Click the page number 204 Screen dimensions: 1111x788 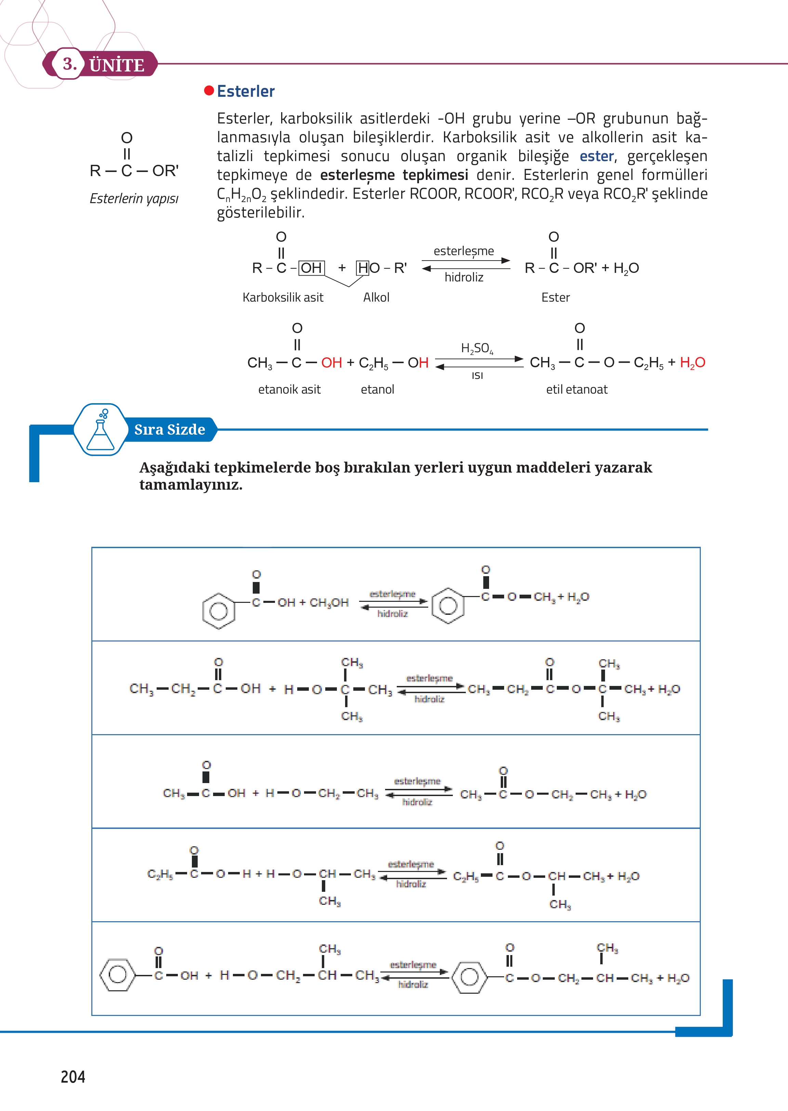(x=73, y=1076)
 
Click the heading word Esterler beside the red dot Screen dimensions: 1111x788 (x=246, y=91)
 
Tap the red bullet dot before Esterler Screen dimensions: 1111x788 (x=209, y=91)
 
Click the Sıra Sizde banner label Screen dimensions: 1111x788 (x=169, y=429)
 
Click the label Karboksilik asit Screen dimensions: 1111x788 (x=283, y=297)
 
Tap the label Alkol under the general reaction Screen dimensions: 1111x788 (x=376, y=297)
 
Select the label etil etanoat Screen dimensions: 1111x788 (x=576, y=389)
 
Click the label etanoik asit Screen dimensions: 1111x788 (x=289, y=389)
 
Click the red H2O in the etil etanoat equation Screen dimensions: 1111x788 (x=693, y=362)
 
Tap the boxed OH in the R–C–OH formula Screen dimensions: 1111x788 (x=311, y=268)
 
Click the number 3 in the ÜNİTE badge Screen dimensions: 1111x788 (x=69, y=64)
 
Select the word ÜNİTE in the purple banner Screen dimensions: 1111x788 (x=117, y=65)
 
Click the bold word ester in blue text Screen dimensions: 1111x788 (x=597, y=156)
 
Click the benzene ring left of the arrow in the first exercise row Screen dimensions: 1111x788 (x=219, y=610)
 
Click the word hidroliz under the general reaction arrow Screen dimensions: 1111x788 (x=464, y=277)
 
